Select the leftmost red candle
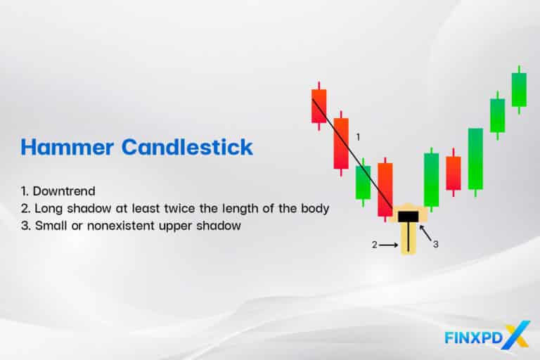pos(319,105)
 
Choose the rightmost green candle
pos(519,89)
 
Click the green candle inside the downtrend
pos(363,182)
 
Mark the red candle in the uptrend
pos(454,173)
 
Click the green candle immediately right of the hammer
pos(431,180)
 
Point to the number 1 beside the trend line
pos(358,136)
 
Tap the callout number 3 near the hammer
pos(436,244)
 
